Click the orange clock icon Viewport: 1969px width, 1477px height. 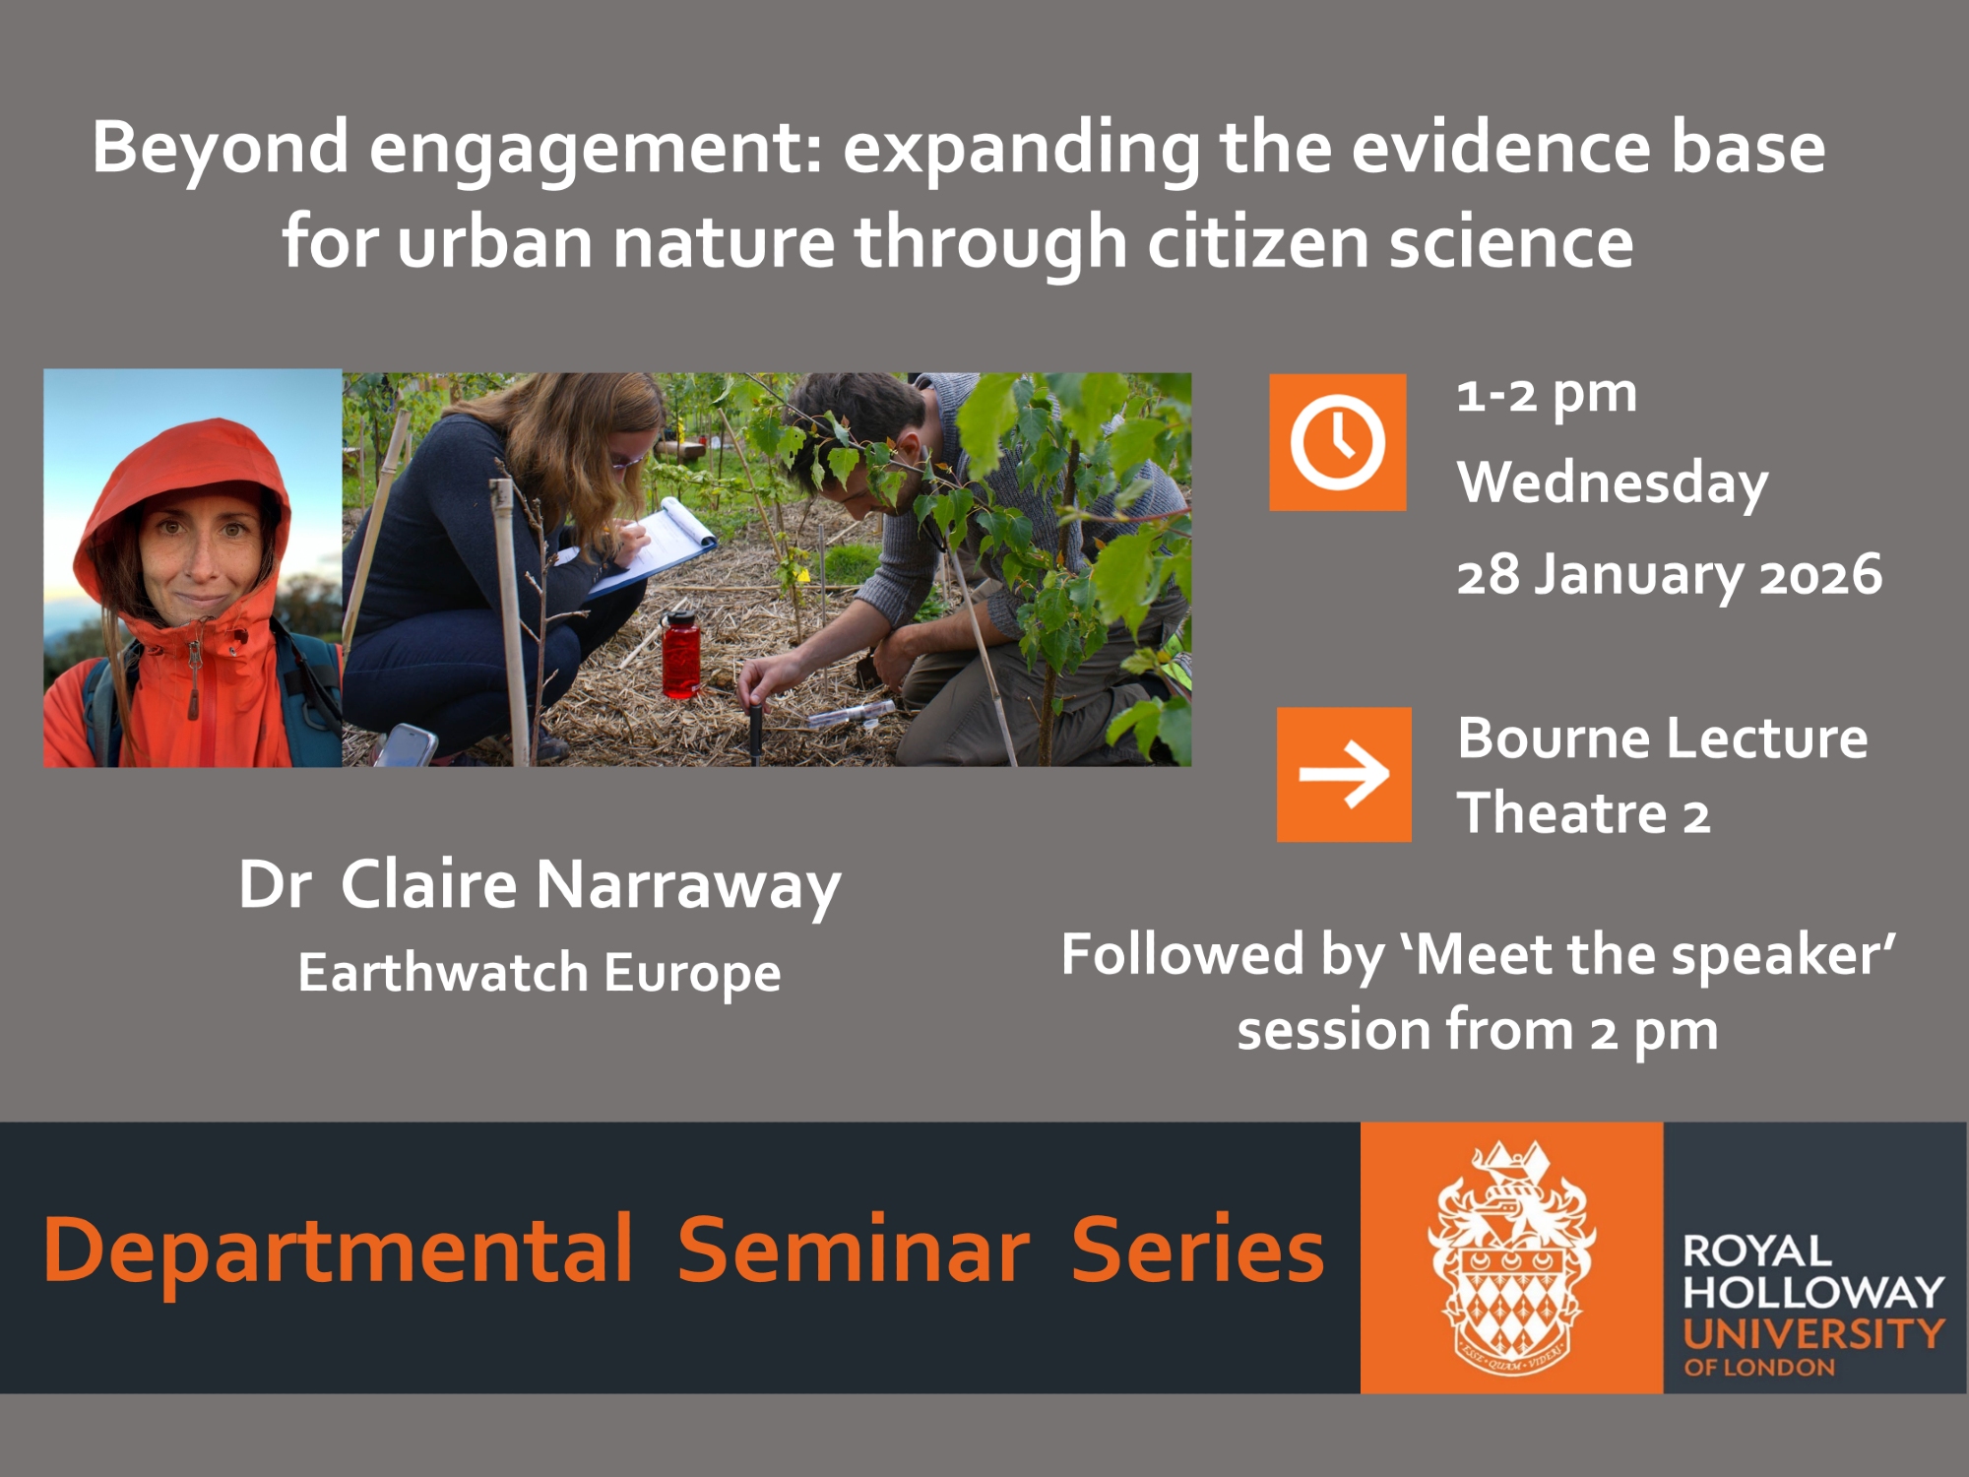tap(1337, 442)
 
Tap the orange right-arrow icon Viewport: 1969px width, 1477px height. tap(1344, 774)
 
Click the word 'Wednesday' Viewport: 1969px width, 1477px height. tap(1613, 484)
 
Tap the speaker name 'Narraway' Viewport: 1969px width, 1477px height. tap(688, 886)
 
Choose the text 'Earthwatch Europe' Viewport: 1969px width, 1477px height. tap(540, 974)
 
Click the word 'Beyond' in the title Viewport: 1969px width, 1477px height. tap(220, 150)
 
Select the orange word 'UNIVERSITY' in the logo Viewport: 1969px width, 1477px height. tap(1813, 1334)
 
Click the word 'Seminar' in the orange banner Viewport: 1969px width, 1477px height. tap(853, 1251)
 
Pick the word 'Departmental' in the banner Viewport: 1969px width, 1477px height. tap(338, 1252)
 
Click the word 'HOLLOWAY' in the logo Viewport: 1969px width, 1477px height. tap(1813, 1292)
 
